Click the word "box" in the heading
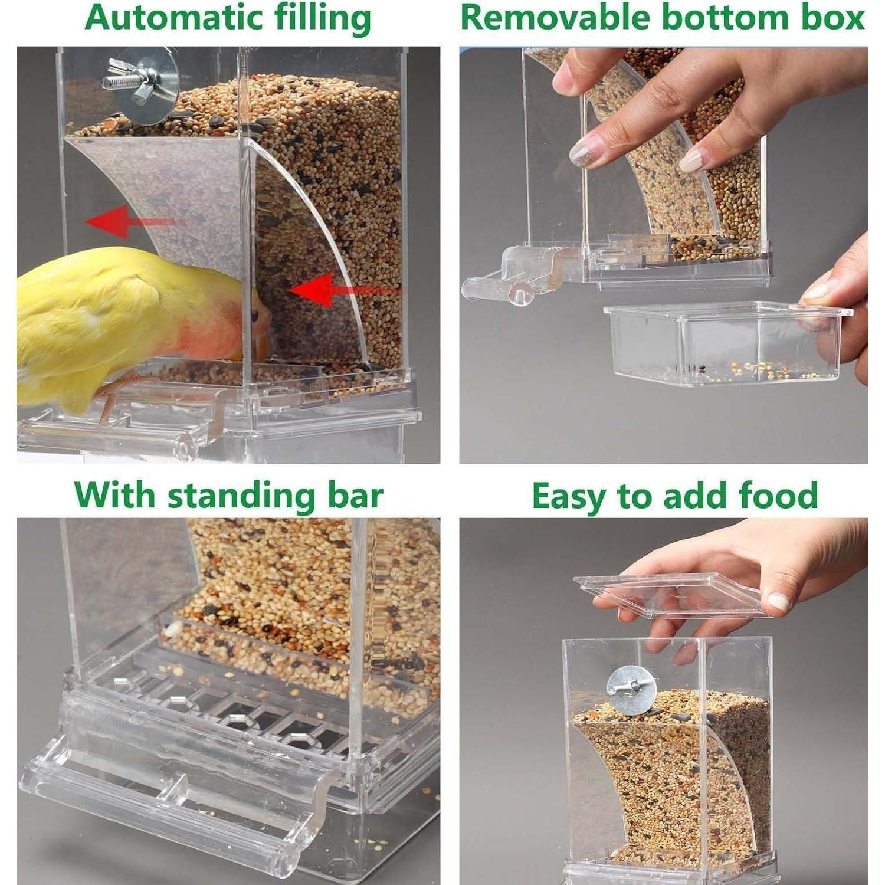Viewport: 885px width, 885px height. [831, 17]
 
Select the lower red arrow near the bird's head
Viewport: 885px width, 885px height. [348, 289]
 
